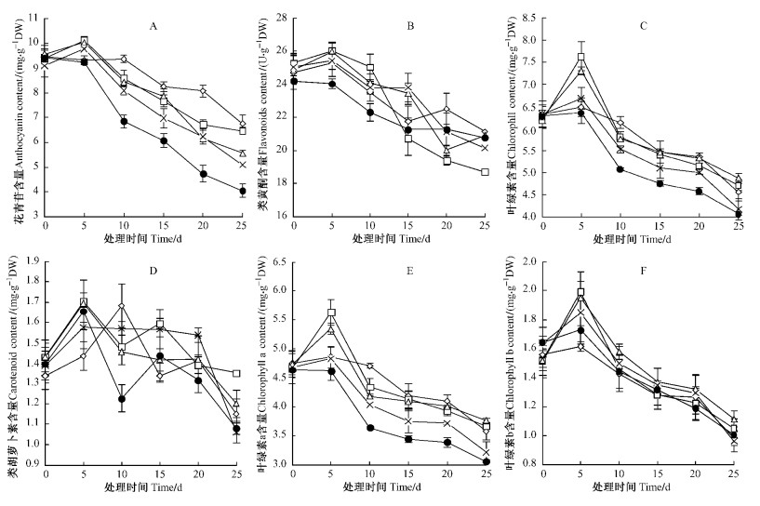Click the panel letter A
tap(153, 25)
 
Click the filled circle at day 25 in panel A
tap(242, 191)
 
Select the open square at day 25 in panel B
tap(484, 172)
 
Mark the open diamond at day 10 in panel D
tap(121, 306)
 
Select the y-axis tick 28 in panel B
tap(280, 17)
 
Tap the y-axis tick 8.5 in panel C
tap(527, 17)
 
